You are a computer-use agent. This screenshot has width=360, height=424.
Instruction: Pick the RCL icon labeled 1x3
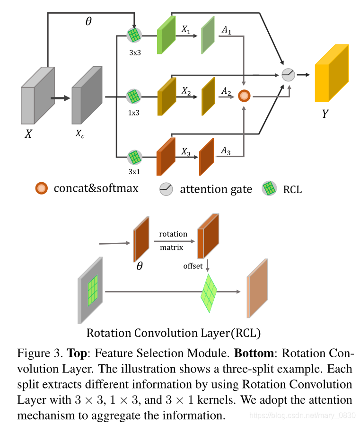[134, 97]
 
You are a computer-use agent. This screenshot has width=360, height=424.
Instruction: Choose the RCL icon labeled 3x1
[134, 157]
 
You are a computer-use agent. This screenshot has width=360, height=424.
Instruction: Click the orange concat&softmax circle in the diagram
[244, 96]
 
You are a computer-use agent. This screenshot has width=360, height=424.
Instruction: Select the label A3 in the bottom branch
[226, 151]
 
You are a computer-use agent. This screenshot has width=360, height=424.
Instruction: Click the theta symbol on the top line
[88, 21]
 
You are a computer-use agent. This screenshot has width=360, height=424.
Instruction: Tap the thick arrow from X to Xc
[60, 98]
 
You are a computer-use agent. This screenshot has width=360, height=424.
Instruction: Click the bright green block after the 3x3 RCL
[166, 34]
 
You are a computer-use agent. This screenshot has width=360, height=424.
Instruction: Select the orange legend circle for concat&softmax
[42, 188]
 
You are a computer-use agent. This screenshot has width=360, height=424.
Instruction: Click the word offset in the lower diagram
[193, 266]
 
